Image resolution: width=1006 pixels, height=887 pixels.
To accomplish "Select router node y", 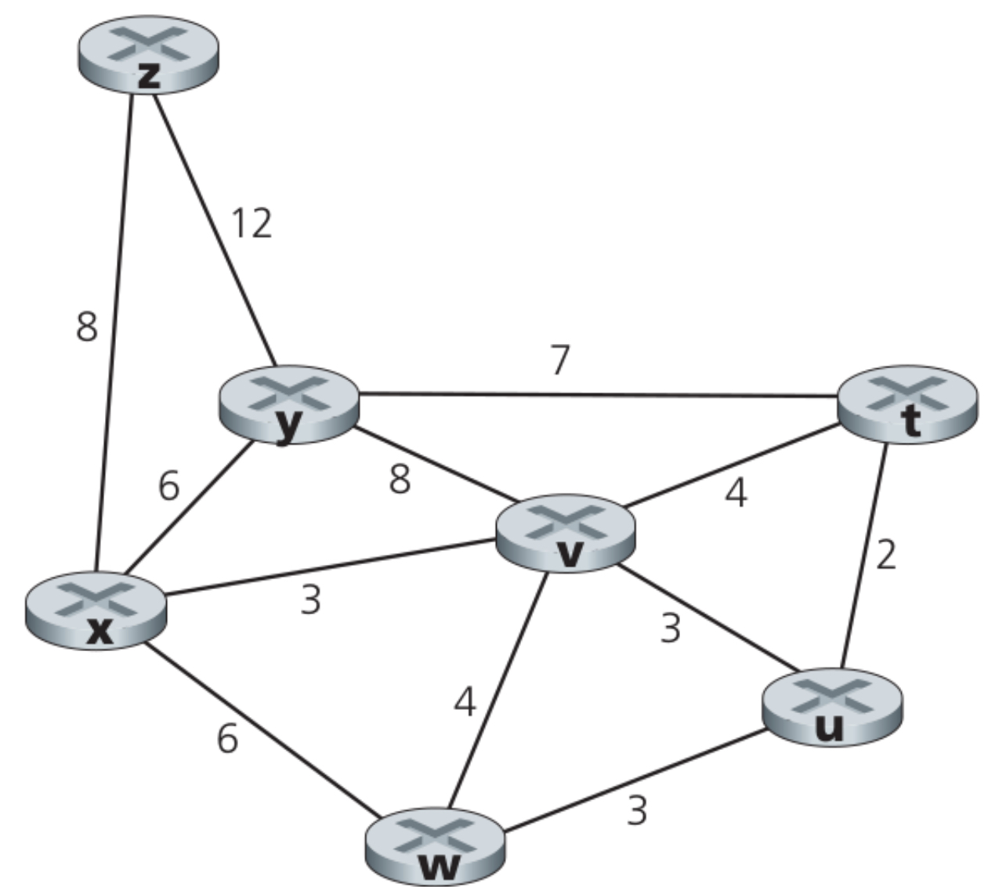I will tap(289, 404).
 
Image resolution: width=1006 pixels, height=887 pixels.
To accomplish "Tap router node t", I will tap(907, 404).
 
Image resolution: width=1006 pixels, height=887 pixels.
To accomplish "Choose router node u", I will tap(833, 708).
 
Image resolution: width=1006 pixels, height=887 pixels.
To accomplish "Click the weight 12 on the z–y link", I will tap(251, 223).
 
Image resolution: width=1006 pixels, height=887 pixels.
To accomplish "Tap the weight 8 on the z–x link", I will tap(87, 327).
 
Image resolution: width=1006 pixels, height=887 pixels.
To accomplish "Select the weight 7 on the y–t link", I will tap(559, 360).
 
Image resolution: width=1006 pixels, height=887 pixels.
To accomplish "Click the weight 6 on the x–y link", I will tap(168, 486).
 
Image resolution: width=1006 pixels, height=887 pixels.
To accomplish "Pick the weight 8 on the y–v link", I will tap(400, 480).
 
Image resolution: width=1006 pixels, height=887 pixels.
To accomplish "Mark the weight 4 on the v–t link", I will tap(735, 494).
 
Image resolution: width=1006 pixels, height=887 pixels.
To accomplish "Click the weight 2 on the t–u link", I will tap(885, 555).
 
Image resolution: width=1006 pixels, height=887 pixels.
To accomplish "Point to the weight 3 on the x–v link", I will tap(311, 600).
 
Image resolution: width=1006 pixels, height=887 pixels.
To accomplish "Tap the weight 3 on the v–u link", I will tap(670, 628).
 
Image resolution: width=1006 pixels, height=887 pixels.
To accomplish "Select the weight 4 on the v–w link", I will tap(465, 702).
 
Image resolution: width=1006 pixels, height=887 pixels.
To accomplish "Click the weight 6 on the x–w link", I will tap(227, 738).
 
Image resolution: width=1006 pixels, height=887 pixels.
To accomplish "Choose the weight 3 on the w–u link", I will tap(637, 811).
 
